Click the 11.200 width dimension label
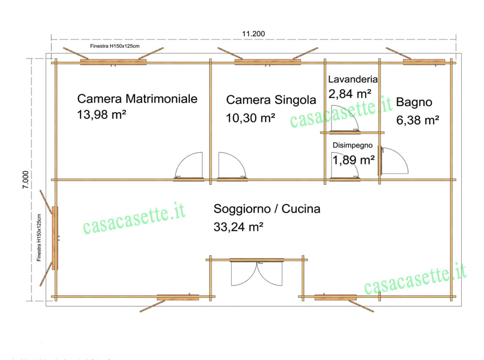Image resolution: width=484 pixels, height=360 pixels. (254, 33)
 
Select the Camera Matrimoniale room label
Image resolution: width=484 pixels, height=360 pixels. (137, 99)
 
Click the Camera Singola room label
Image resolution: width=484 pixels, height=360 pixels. (271, 100)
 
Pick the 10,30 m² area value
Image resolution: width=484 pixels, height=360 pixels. (251, 118)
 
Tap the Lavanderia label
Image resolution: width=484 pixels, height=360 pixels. (353, 79)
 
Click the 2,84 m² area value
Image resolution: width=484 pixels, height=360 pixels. (350, 92)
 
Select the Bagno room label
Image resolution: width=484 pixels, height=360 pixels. (414, 102)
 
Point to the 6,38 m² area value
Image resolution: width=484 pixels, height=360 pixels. (418, 120)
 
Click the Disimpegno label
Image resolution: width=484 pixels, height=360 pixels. (352, 145)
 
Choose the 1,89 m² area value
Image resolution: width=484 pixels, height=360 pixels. (353, 160)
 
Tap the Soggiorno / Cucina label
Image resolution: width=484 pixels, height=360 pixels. (267, 209)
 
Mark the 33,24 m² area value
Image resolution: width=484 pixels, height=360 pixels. (238, 226)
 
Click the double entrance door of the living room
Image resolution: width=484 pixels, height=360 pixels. (257, 273)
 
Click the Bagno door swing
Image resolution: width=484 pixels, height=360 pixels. (394, 161)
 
